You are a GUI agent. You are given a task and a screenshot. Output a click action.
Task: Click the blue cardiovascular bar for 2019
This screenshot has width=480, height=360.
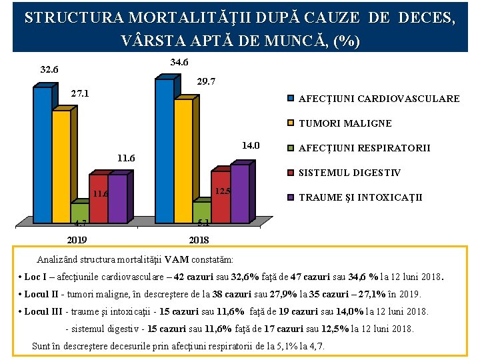click(42, 155)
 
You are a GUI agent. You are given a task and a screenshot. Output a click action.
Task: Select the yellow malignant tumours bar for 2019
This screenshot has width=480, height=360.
click(61, 167)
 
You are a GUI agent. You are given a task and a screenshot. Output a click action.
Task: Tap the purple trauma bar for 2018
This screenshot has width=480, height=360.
click(239, 193)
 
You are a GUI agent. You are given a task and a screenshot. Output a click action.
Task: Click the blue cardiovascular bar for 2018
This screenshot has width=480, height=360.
click(164, 151)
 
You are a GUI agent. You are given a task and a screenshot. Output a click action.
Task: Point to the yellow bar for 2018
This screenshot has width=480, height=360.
click(183, 160)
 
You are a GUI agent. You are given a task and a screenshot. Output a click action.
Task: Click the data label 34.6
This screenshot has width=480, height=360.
click(179, 63)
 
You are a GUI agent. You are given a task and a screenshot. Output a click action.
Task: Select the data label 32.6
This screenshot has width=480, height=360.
click(49, 69)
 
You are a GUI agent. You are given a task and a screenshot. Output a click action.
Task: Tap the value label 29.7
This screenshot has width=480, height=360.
click(207, 81)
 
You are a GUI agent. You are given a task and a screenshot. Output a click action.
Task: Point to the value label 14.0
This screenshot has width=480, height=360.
click(250, 145)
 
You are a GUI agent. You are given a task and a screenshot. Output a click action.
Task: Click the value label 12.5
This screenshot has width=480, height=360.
click(223, 191)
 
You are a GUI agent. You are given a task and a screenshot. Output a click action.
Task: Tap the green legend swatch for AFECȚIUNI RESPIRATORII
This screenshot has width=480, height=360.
click(291, 148)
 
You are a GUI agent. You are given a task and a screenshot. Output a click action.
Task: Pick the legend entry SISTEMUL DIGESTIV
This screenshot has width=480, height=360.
click(349, 173)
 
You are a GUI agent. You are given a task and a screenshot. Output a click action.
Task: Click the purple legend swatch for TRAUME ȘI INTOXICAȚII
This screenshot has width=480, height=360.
click(291, 197)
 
